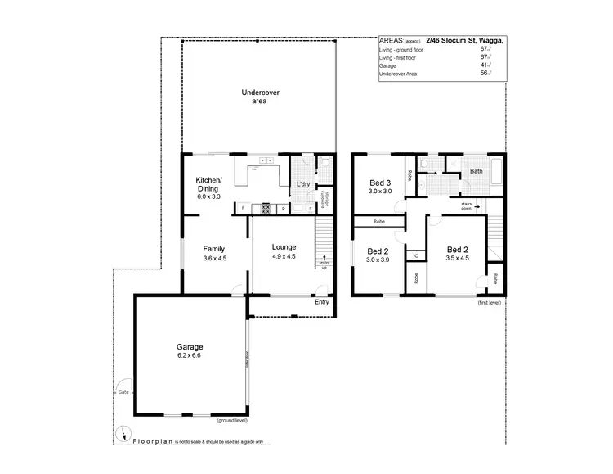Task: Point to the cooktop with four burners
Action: [x=265, y=209]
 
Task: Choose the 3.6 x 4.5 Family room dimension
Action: [x=213, y=259]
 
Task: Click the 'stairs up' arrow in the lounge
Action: [x=325, y=259]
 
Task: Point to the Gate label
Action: [x=123, y=390]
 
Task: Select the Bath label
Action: [x=475, y=172]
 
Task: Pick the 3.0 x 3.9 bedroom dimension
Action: [x=377, y=260]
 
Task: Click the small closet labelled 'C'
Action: [x=416, y=256]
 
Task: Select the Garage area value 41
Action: [x=485, y=66]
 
